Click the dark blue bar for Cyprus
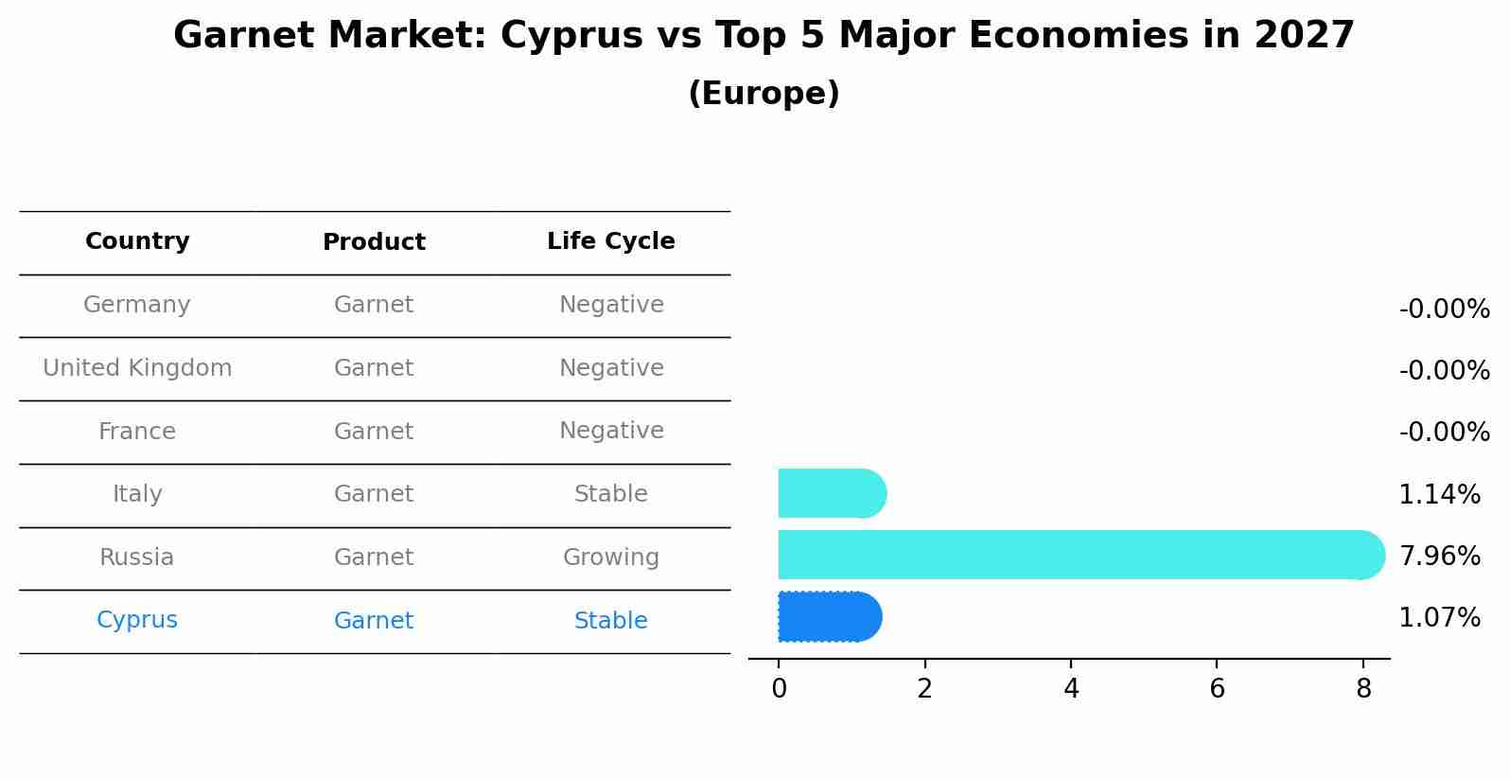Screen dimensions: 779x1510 (x=829, y=617)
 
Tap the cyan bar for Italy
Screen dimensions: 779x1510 (x=831, y=493)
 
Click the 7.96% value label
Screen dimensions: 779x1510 (x=1439, y=556)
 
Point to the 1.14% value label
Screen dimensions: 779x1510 (x=1439, y=494)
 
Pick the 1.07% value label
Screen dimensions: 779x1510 (x=1439, y=618)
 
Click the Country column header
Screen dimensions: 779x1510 (x=137, y=241)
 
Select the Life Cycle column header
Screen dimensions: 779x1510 (x=610, y=241)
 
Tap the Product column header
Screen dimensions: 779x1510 (x=374, y=242)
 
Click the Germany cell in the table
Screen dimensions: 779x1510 (x=137, y=305)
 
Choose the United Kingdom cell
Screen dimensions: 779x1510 (x=137, y=368)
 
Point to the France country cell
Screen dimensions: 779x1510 (x=137, y=432)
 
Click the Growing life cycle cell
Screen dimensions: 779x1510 (x=610, y=558)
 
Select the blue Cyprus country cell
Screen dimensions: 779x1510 (x=137, y=620)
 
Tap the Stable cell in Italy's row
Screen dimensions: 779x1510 (x=610, y=494)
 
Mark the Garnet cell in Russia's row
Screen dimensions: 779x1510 (x=374, y=558)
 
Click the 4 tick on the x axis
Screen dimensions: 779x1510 (x=1071, y=689)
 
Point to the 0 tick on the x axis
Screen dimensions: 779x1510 (x=779, y=689)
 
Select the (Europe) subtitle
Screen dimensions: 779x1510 (x=764, y=94)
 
